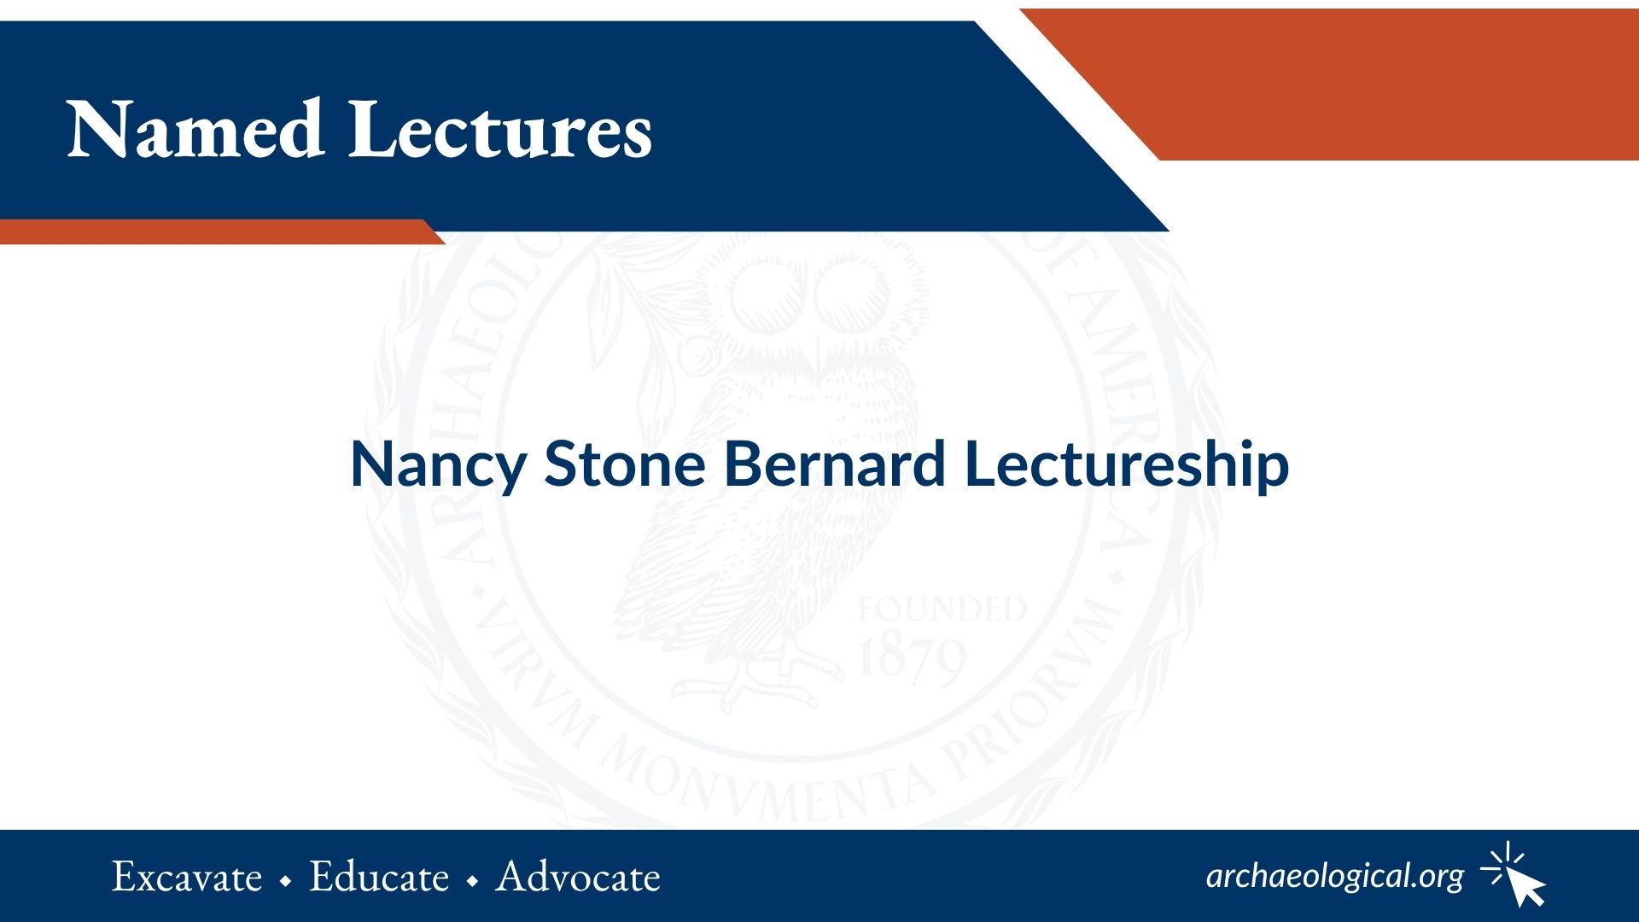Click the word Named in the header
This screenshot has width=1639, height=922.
click(195, 130)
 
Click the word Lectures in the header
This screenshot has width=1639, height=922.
click(500, 130)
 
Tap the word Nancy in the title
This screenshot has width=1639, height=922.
click(438, 466)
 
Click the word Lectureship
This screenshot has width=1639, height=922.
click(1127, 466)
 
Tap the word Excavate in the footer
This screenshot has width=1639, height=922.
click(187, 878)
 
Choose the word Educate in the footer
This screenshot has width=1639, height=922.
click(379, 878)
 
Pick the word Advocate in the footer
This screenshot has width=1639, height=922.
click(579, 878)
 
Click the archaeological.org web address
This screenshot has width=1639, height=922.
click(1335, 877)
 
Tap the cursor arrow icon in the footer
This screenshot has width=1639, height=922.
click(1515, 874)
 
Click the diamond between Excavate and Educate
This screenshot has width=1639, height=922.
click(286, 881)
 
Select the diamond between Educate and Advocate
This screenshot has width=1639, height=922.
click(473, 881)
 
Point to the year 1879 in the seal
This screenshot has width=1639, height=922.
click(912, 660)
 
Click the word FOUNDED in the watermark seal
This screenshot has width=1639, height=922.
click(942, 610)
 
